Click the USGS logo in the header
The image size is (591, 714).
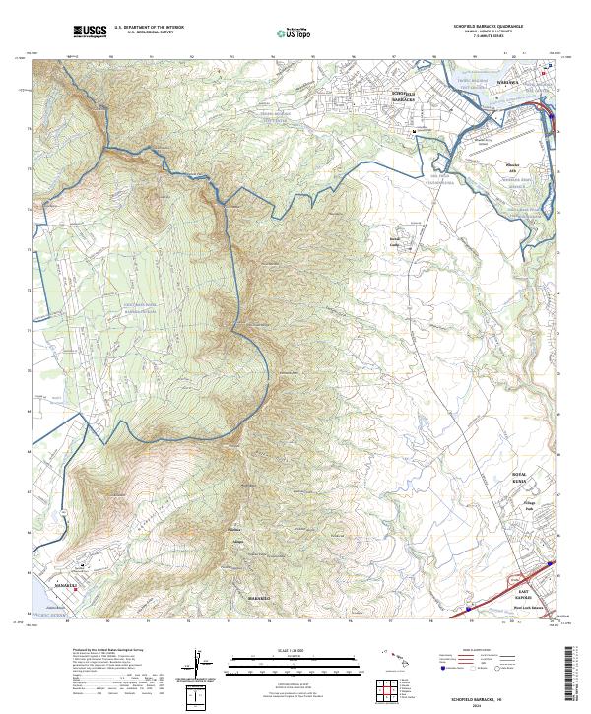pos(90,32)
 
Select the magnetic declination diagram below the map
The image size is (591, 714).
pos(199,665)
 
